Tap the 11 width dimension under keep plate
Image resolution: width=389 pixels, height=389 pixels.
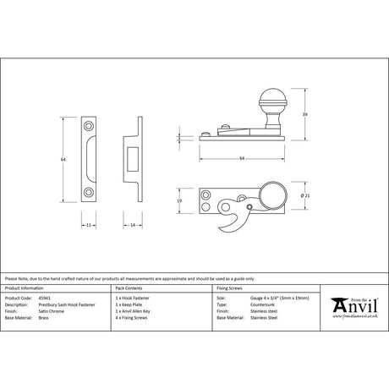click(90, 227)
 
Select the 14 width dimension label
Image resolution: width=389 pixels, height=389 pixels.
click(134, 227)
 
